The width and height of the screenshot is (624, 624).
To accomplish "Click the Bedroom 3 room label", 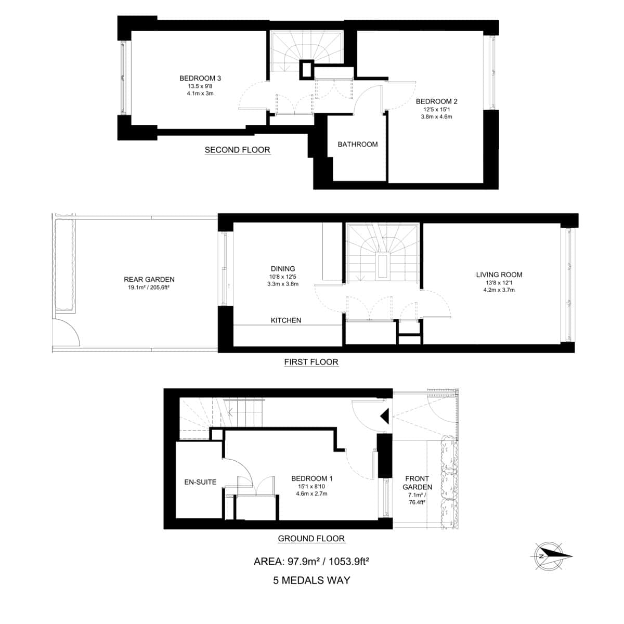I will click(200, 78).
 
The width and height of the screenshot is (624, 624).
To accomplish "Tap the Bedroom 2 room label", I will click(436, 101).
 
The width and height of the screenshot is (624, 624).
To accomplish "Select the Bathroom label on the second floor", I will click(358, 144).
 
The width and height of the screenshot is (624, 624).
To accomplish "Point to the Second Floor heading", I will click(237, 150).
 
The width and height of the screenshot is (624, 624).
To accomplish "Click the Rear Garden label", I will click(149, 279).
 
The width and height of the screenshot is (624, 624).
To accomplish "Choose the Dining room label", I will click(283, 269).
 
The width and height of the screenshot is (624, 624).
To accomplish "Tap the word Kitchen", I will click(286, 320).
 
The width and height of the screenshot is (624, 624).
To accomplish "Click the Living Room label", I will click(499, 275).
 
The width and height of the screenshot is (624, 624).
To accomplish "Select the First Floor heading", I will click(311, 362).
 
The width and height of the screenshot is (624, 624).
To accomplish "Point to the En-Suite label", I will click(200, 482).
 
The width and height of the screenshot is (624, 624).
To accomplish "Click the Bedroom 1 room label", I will click(312, 478).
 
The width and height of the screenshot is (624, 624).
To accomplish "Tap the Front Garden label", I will click(418, 483).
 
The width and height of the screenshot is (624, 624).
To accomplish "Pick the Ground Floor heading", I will click(311, 539).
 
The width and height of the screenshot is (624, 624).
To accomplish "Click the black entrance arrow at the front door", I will click(385, 416).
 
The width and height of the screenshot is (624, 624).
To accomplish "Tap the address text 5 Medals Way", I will click(311, 580).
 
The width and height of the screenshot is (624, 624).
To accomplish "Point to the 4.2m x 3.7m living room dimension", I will click(499, 290).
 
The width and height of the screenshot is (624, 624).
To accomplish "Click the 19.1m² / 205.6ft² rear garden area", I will click(149, 287).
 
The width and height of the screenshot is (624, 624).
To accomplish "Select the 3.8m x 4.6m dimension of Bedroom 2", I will click(436, 117).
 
